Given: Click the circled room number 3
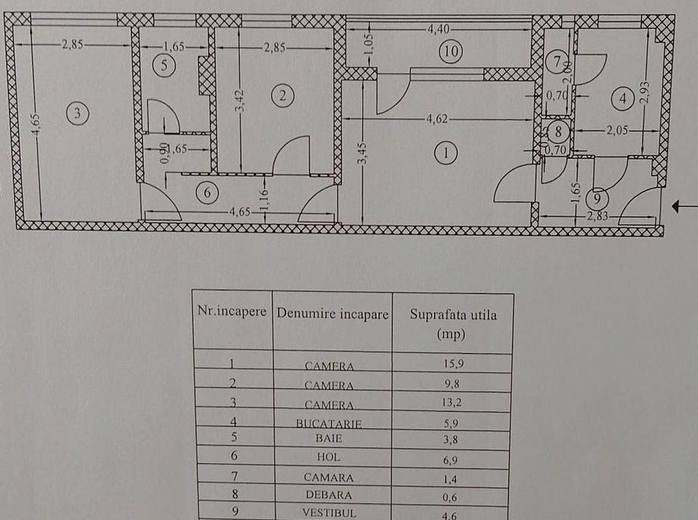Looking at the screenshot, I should pos(78,114).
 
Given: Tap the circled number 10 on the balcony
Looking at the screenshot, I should pos(451,51).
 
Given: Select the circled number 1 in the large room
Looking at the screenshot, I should pos(446,153).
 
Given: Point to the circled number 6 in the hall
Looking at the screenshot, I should pos(207,193).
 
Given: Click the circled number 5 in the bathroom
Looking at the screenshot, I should pos(168,65).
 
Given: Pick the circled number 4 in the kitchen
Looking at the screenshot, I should pos(622,97).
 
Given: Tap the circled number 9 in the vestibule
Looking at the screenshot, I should pos(597,198).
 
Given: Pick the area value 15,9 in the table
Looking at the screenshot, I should pos(454,364).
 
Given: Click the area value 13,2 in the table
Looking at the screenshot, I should pos(454,403).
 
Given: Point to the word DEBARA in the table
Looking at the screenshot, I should pos(329,494).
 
